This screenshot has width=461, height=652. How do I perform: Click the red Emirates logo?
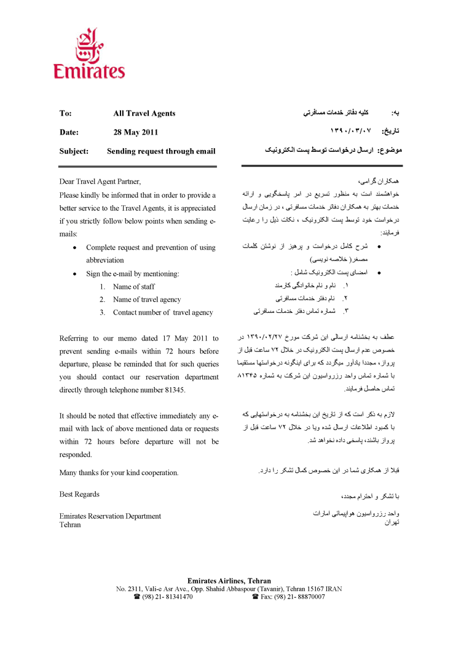coord(89,53)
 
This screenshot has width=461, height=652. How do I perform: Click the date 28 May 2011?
coord(136,132)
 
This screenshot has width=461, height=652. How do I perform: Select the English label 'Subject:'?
coord(74,151)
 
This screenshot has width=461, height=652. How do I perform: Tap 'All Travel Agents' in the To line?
coord(144,114)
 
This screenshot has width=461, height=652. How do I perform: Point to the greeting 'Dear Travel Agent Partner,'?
coord(100,181)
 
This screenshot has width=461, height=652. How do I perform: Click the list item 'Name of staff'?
coord(134,286)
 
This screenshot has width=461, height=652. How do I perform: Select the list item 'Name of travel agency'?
coord(147,300)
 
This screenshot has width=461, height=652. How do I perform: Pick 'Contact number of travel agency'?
coord(163,313)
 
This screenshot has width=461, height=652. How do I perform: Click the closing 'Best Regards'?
coord(79,494)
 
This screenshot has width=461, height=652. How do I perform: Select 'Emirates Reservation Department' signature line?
coord(110,516)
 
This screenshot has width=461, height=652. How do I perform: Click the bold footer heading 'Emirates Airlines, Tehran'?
coord(229,581)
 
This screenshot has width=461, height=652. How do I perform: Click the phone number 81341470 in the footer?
coord(171,597)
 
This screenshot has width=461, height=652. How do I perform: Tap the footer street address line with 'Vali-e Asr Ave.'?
coord(229,589)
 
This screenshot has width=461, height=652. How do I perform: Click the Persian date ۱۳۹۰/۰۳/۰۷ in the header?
coord(352,131)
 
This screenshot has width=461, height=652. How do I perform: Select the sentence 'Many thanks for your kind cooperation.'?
coord(119,473)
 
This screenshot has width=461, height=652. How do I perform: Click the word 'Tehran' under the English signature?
coord(70,525)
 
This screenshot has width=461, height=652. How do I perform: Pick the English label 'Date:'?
coord(69,132)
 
